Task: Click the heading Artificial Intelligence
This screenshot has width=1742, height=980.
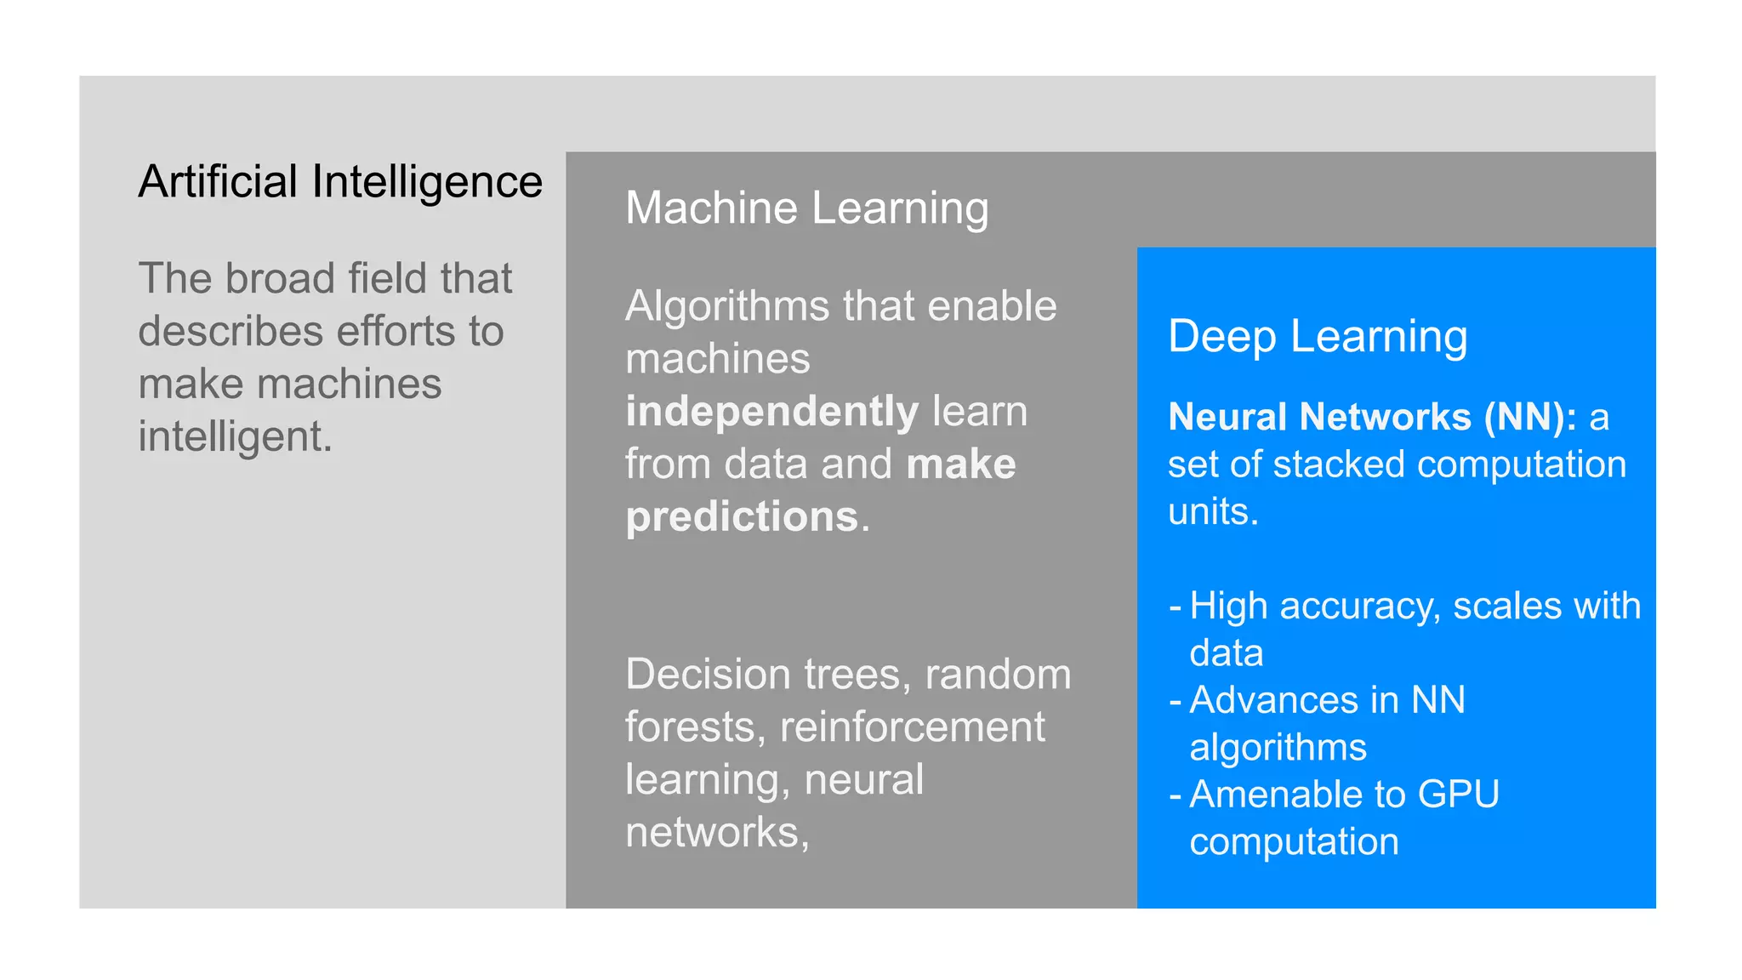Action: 340,182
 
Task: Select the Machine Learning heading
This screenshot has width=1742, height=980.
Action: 807,208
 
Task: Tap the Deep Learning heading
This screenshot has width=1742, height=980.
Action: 1318,337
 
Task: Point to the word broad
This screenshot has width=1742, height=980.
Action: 280,279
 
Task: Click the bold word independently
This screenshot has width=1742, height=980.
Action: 771,413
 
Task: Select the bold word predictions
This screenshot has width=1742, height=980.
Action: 742,517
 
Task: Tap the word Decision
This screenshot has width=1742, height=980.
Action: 709,675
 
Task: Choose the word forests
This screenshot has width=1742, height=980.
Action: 690,727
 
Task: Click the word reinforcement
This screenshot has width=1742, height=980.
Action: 912,727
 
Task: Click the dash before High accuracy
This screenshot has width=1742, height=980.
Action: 1175,607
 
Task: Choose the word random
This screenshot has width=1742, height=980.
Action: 998,675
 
